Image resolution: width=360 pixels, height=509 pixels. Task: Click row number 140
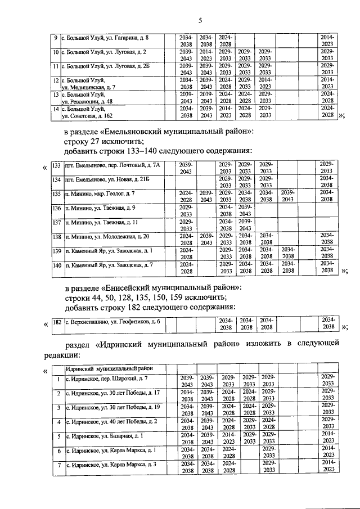pyautogui.click(x=56, y=265)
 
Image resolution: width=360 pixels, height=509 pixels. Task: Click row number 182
pyautogui.click(x=56, y=323)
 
